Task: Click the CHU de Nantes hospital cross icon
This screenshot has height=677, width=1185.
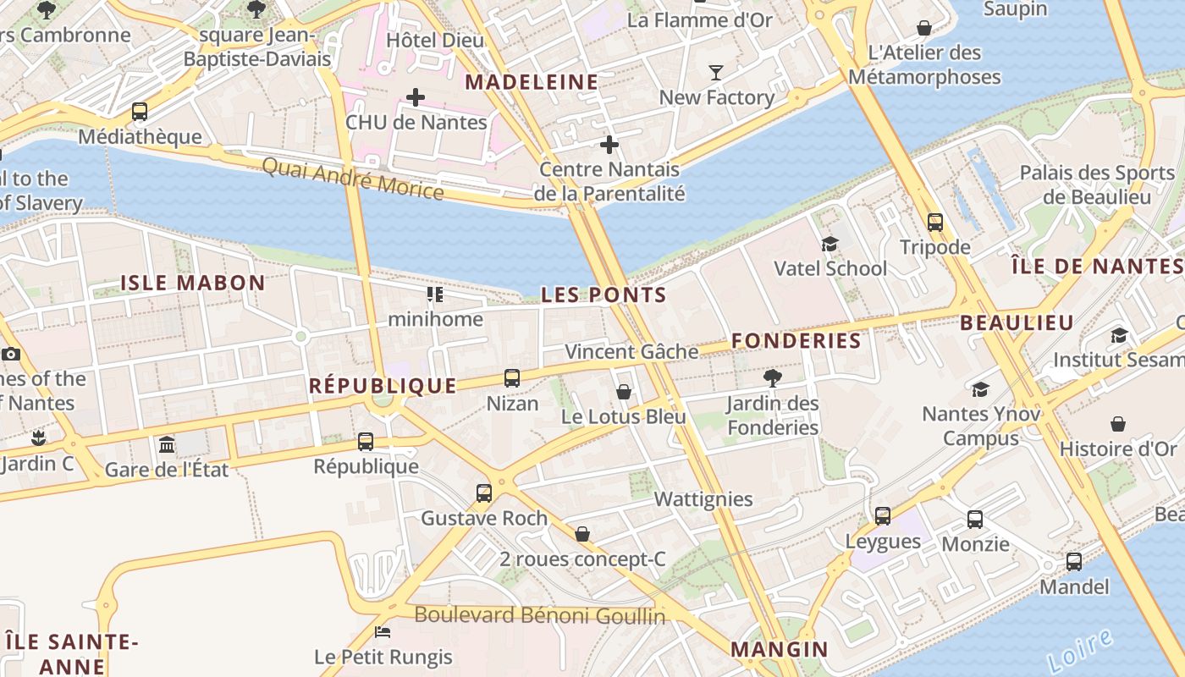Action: click(x=415, y=97)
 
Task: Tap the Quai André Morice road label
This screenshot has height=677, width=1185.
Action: click(x=352, y=179)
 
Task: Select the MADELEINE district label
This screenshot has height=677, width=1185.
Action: click(x=532, y=82)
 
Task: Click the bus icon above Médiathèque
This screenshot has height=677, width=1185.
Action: click(x=140, y=112)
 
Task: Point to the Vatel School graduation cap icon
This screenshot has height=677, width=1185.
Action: click(x=829, y=245)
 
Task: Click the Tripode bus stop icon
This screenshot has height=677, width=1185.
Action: click(x=934, y=223)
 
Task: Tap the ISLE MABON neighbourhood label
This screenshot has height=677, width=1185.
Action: click(x=193, y=283)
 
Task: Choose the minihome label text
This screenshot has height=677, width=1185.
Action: click(x=435, y=319)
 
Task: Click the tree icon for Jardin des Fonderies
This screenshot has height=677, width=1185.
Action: click(x=772, y=377)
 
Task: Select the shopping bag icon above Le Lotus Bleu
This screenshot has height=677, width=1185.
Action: click(x=624, y=392)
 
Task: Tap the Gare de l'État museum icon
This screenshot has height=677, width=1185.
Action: click(x=167, y=444)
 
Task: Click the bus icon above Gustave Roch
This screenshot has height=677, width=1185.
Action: click(x=483, y=493)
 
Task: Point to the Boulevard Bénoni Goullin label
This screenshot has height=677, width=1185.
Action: click(x=540, y=615)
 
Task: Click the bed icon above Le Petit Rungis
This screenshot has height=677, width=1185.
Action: click(x=383, y=631)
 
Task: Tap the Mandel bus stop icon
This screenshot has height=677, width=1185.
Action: click(x=1073, y=561)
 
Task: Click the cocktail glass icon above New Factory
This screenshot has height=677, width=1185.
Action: click(x=716, y=73)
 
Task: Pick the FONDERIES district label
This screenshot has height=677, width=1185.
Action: click(x=796, y=341)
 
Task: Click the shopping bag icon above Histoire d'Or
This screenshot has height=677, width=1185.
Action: click(x=1118, y=424)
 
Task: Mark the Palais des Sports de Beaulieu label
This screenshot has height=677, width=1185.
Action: click(x=1097, y=184)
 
